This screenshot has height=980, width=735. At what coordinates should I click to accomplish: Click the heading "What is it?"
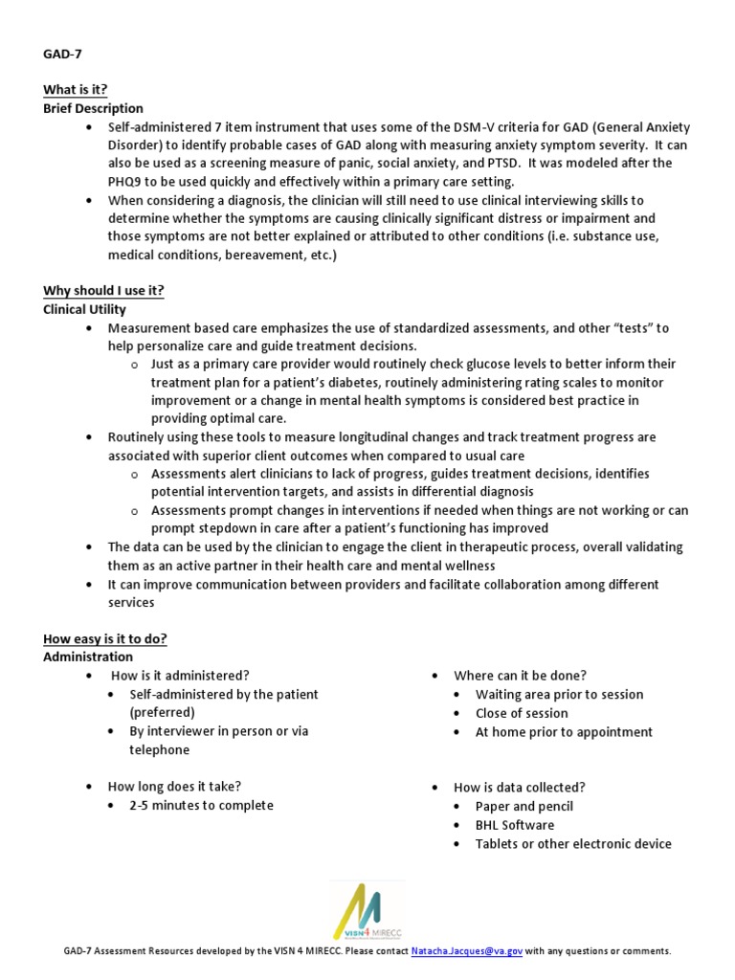(x=75, y=90)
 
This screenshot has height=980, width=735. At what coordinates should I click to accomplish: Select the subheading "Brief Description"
(x=93, y=109)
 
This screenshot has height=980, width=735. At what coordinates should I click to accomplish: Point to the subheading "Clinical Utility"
(x=84, y=310)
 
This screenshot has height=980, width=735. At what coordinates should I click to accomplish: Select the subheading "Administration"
(x=88, y=657)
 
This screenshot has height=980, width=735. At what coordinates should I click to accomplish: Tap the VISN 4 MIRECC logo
(x=367, y=910)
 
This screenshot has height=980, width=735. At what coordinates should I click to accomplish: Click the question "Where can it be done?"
(x=521, y=676)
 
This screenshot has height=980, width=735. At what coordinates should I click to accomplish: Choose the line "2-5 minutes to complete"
(x=201, y=806)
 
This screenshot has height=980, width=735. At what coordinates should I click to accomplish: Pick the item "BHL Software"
(x=514, y=825)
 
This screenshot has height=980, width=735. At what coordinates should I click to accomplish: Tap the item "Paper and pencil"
(x=523, y=807)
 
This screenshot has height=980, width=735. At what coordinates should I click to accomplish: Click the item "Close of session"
(x=522, y=713)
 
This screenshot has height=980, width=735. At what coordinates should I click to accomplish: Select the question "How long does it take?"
(x=174, y=787)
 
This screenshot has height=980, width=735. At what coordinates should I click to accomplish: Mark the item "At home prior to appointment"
(x=564, y=732)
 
